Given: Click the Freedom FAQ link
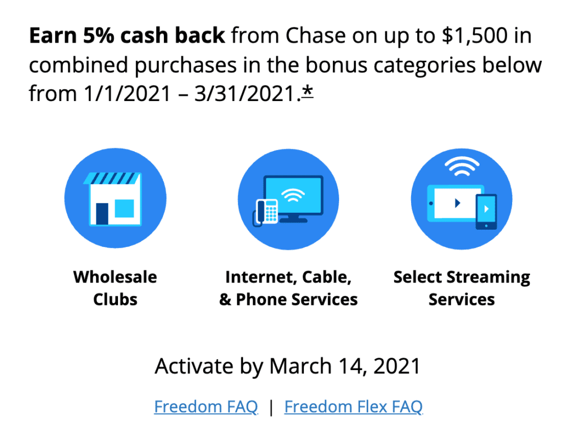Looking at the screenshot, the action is [206, 407].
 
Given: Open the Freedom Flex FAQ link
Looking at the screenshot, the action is [354, 407].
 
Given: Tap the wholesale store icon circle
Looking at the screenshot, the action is [115, 198].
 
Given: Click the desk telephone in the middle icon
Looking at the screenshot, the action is [265, 212].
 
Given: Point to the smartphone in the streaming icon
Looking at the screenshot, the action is [486, 212].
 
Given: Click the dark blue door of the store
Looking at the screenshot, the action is [102, 213].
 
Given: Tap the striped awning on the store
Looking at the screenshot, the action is [112, 178].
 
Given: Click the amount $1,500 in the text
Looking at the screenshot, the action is [475, 36].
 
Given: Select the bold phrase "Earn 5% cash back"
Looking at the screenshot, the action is [127, 35].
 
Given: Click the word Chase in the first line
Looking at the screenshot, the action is [316, 35].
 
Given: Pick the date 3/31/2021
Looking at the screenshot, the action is [245, 94].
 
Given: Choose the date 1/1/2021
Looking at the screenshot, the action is [127, 94].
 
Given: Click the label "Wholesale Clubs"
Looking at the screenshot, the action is [115, 288].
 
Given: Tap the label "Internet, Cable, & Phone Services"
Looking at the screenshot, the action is [288, 288].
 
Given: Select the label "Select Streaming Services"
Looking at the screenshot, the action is [462, 288].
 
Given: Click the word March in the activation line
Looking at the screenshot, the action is [300, 366].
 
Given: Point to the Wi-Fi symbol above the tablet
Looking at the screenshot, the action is [462, 166].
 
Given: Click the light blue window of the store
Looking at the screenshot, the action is [124, 208].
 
